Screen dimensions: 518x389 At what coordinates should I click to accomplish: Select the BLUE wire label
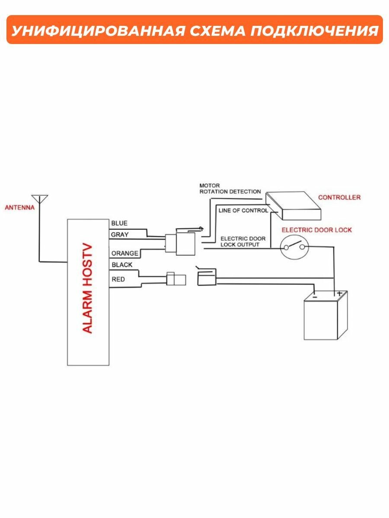[x=119, y=223]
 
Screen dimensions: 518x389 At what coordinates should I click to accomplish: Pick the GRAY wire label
[x=120, y=235]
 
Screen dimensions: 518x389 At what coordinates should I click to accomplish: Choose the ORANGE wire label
[x=124, y=253]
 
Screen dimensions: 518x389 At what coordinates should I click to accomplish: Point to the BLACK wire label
[x=122, y=265]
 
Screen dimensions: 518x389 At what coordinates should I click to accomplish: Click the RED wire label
[x=118, y=279]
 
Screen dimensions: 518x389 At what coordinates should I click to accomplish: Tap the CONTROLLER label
[x=339, y=197]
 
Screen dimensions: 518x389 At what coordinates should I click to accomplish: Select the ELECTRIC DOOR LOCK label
[x=317, y=230]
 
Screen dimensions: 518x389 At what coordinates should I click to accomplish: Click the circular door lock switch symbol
[x=294, y=247]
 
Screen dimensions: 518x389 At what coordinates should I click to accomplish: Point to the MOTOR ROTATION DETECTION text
[x=230, y=188]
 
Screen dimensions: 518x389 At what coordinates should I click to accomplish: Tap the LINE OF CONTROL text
[x=243, y=211]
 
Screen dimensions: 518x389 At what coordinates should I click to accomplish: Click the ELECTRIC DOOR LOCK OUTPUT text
[x=243, y=241]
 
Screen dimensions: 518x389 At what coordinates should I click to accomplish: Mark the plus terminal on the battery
[x=339, y=294]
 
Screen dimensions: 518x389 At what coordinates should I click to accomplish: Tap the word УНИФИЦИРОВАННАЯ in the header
[x=88, y=31]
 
